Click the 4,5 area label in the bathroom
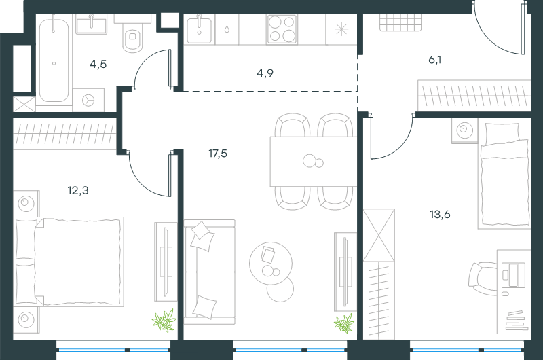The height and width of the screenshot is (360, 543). pyautogui.click(x=98, y=65)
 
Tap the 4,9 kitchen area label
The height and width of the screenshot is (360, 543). pyautogui.click(x=265, y=73)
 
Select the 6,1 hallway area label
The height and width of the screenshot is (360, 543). pyautogui.click(x=434, y=60)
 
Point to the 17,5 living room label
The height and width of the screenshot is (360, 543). pyautogui.click(x=218, y=153)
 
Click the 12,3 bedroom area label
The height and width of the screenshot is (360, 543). pyautogui.click(x=78, y=190)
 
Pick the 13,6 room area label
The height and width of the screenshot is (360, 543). pyautogui.click(x=440, y=215)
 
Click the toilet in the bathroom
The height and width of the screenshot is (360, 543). pyautogui.click(x=132, y=35)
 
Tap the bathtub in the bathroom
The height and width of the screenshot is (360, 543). pyautogui.click(x=54, y=60)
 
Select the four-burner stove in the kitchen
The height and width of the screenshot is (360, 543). pyautogui.click(x=282, y=29)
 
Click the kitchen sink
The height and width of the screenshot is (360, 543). pyautogui.click(x=199, y=29)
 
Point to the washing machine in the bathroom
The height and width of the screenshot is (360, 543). pyautogui.click(x=88, y=100)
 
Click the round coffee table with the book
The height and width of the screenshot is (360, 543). pyautogui.click(x=270, y=264)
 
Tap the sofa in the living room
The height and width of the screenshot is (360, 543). pyautogui.click(x=209, y=272)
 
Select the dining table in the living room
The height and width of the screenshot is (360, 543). pyautogui.click(x=313, y=162)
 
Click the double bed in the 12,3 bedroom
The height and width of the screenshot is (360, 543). pyautogui.click(x=69, y=262)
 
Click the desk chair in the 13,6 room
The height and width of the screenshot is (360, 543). pyautogui.click(x=483, y=278)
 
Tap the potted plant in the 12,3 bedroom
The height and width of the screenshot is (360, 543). pyautogui.click(x=164, y=321)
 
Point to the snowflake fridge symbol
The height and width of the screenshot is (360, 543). pyautogui.click(x=341, y=29)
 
